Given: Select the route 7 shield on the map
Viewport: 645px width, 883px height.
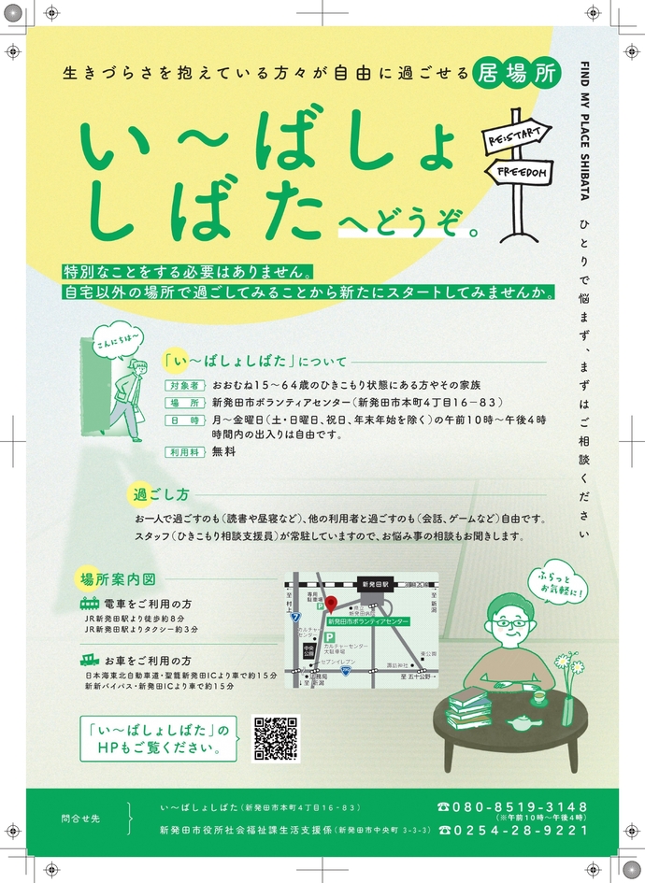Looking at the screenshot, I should click(295, 618).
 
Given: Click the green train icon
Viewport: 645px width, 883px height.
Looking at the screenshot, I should click(90, 603).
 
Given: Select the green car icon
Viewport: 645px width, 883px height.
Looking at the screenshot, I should click(90, 660).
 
